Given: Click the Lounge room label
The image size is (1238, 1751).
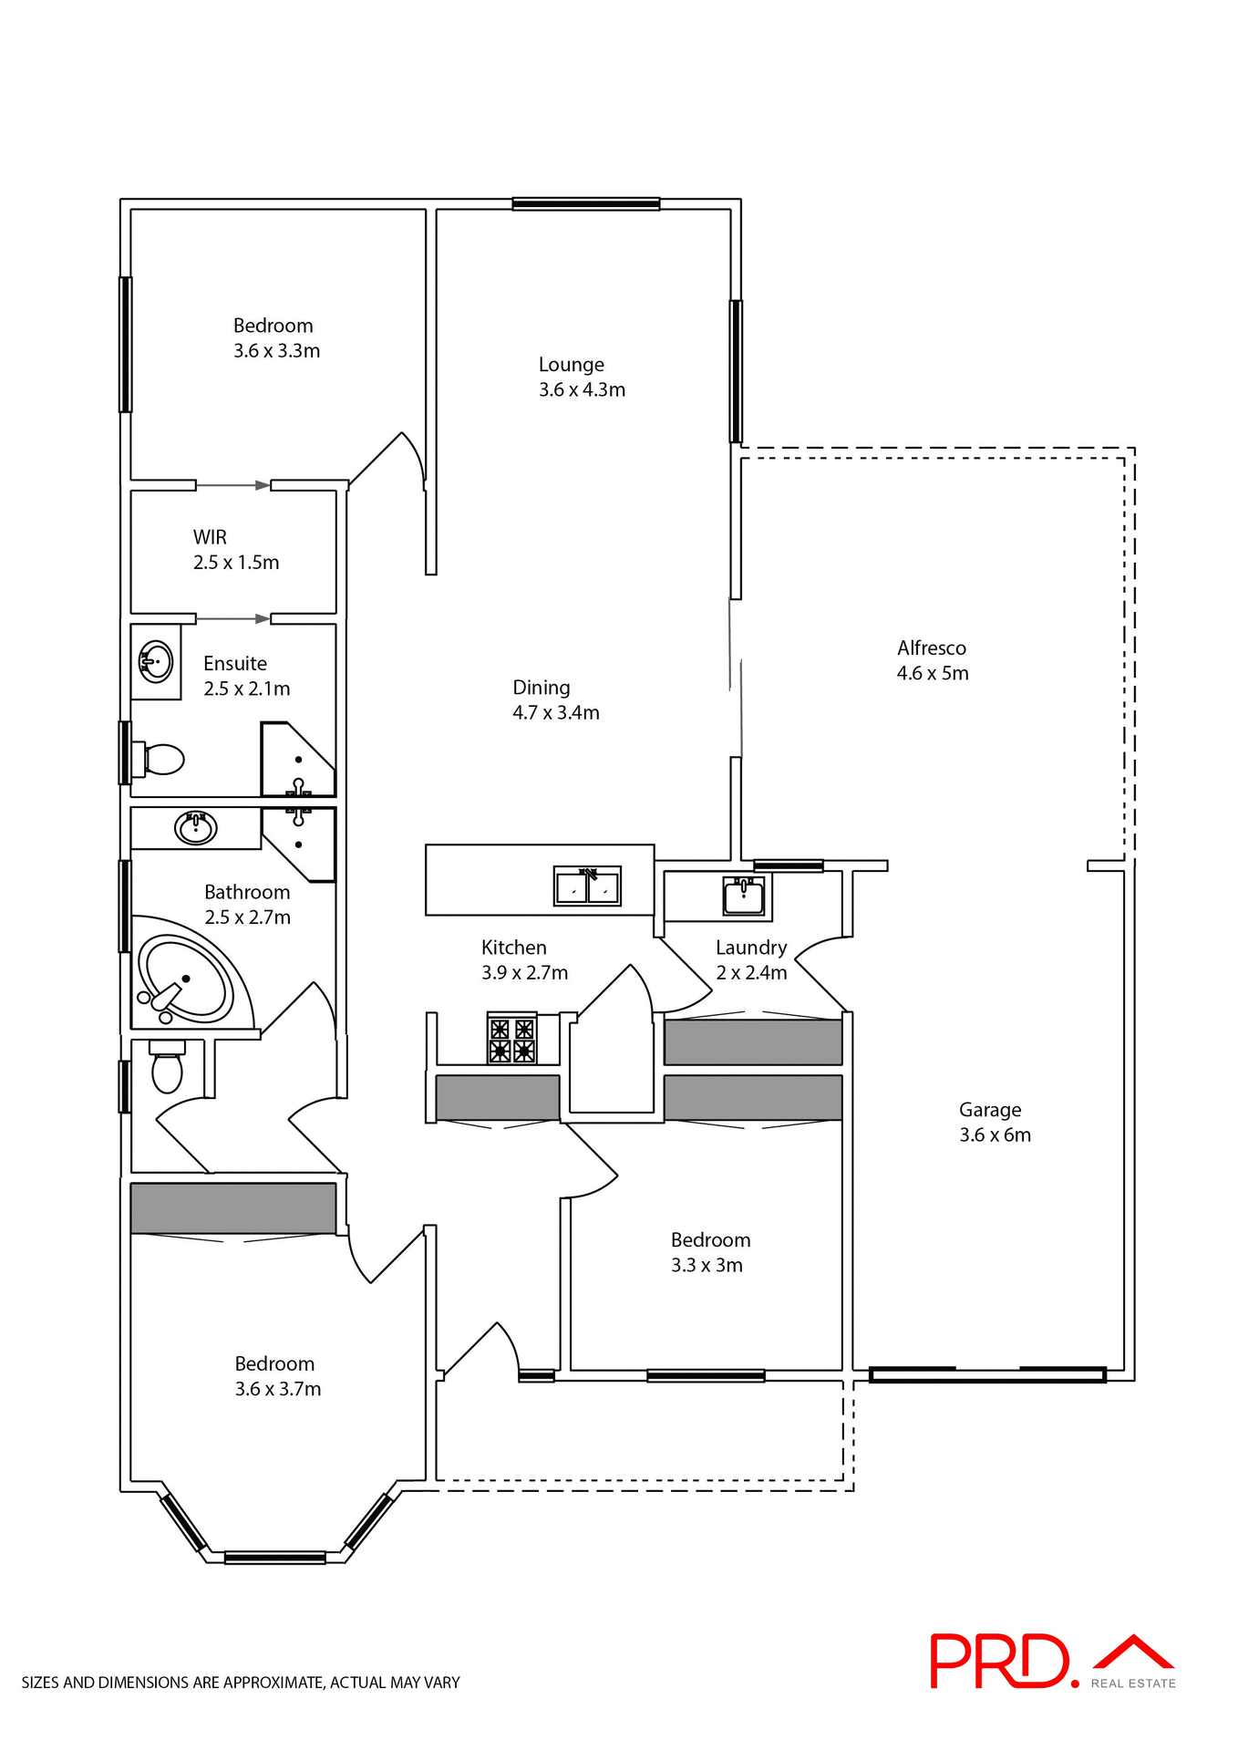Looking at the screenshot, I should (x=572, y=365).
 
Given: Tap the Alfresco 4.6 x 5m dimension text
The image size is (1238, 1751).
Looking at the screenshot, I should (x=933, y=673).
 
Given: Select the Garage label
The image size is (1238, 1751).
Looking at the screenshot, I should (x=990, y=1110).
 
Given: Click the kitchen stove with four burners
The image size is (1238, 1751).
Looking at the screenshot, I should (x=511, y=1040).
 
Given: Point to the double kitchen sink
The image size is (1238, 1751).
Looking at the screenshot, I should (x=587, y=886).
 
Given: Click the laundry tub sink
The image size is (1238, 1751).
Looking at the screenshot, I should (x=744, y=896).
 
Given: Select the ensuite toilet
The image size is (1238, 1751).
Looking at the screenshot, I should (x=160, y=759).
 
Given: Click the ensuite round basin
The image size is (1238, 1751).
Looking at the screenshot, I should (x=156, y=661).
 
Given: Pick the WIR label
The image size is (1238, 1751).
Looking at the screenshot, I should (x=210, y=537).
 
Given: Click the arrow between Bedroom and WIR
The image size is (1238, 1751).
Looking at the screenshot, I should (x=233, y=485).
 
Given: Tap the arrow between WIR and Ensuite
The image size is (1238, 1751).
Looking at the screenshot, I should (x=233, y=619).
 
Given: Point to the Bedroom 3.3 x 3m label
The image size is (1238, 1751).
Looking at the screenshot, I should (x=710, y=1252).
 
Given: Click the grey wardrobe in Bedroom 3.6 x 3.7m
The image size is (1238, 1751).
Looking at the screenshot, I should (x=233, y=1207).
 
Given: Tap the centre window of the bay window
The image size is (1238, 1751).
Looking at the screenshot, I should (x=274, y=1558).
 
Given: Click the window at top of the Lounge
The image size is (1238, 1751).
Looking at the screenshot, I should (x=585, y=204).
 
